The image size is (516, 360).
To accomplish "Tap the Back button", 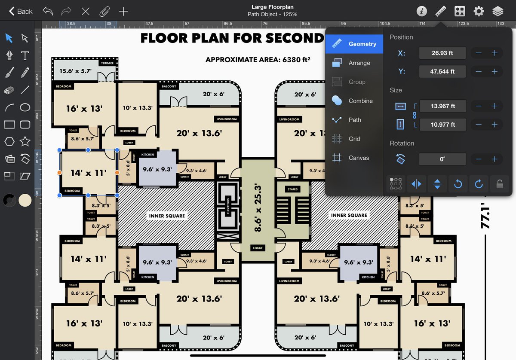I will pos(21,11).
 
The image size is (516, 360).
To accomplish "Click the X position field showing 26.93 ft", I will pos(442,53).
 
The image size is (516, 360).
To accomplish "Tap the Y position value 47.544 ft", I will pos(442,72).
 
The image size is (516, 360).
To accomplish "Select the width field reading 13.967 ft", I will pos(442,106).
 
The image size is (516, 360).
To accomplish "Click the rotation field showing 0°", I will pos(442,159).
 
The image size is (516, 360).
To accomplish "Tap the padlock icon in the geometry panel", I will pos(499,184).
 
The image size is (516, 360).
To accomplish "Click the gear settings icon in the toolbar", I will pos(479,11).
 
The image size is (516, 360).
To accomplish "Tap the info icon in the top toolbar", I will pos(422,11).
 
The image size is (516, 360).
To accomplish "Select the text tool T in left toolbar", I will pos(25,55).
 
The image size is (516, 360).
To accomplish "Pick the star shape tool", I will pos(25,141).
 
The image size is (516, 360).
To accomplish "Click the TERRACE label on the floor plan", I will pos(107,63).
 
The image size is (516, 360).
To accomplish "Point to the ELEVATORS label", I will pos(227,207).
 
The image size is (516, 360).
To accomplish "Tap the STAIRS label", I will pos(292,189).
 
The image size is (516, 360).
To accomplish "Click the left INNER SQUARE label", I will pos(167,216).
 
